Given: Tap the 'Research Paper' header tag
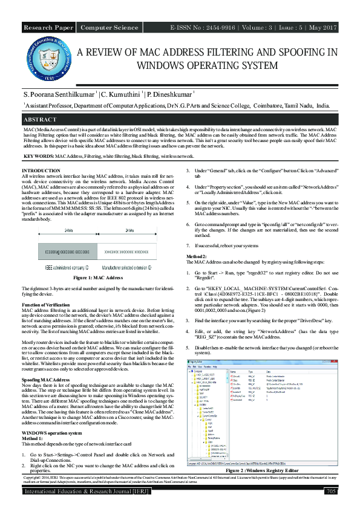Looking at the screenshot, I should point(48,28).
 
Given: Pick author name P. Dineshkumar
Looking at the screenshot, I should point(168,95).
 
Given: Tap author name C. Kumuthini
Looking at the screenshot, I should point(121,95).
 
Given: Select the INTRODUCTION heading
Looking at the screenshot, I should point(41,171).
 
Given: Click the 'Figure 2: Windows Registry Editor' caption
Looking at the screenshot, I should point(262,469).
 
